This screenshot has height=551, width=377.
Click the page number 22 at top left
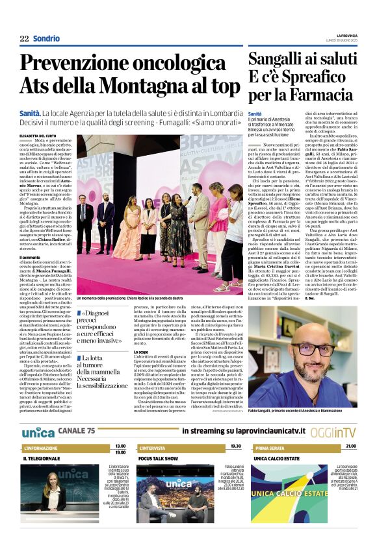tap(24, 38)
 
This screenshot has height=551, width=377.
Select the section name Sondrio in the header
tap(46, 38)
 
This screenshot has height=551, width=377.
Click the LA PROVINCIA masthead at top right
tap(356, 35)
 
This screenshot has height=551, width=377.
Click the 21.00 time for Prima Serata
tap(350, 447)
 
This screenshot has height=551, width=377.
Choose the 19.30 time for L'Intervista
tap(235, 447)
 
